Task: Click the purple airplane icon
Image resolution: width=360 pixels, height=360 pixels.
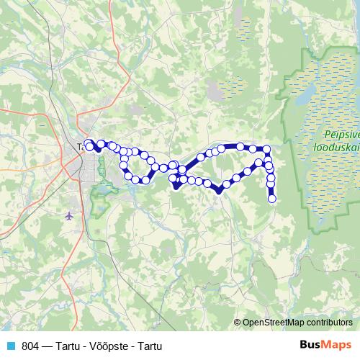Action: click(69, 215)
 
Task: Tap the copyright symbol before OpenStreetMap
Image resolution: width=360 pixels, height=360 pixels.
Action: click(238, 323)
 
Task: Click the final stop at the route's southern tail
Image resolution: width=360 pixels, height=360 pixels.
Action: click(272, 199)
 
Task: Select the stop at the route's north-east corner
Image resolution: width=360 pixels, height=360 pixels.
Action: click(266, 149)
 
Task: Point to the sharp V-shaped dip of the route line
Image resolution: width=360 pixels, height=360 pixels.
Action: click(218, 191)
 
